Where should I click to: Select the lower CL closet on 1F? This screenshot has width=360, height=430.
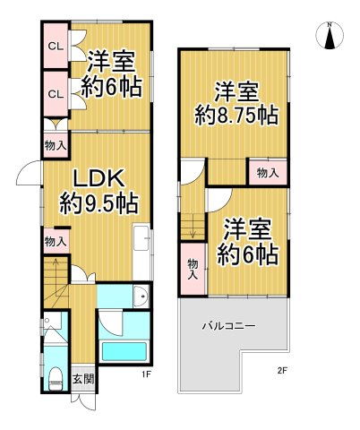[x=54, y=92]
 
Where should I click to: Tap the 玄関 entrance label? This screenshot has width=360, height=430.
[x=80, y=376]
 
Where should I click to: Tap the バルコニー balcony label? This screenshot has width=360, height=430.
[x=228, y=325]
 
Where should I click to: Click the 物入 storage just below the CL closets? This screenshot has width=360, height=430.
[x=54, y=143]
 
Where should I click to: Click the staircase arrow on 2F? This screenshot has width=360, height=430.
[x=191, y=228]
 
